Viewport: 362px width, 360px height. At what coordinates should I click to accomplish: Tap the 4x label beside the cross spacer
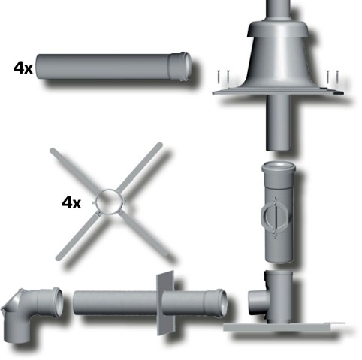pyautogui.click(x=72, y=202)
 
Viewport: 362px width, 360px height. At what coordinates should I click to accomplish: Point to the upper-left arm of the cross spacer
pyautogui.click(x=71, y=169)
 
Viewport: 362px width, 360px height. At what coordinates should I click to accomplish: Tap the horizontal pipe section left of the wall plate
pyautogui.click(x=113, y=306)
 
